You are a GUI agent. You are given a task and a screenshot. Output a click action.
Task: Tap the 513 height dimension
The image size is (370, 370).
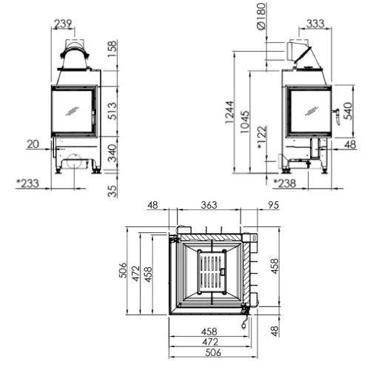coord(112,110)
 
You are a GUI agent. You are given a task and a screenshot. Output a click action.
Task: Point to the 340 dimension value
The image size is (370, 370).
coord(112,152)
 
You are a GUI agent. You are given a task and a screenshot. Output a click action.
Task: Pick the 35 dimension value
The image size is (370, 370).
coord(112,191)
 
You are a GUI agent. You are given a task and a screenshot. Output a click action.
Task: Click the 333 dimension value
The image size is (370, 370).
coord(315,24)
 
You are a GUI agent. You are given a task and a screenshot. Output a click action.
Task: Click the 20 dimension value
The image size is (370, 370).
coord(33,144)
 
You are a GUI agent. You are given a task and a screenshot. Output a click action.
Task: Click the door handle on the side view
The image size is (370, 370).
coord(337,112)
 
